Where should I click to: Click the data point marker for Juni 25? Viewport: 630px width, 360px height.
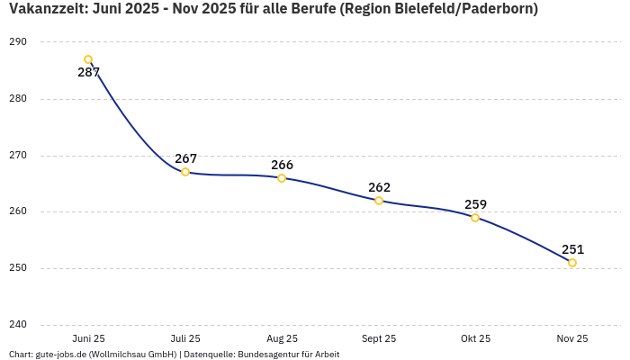pyautogui.click(x=88, y=60)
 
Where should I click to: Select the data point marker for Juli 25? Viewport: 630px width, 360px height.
pyautogui.click(x=185, y=172)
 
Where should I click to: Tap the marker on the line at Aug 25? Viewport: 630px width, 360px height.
pyautogui.click(x=282, y=178)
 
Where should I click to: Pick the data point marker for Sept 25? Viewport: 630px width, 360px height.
pyautogui.click(x=379, y=201)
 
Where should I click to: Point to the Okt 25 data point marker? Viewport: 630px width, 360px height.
pyautogui.click(x=475, y=218)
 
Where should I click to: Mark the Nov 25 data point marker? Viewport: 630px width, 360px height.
pyautogui.click(x=572, y=263)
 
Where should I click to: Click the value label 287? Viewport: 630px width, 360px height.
pyautogui.click(x=88, y=73)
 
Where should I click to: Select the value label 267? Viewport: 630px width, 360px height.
pyautogui.click(x=185, y=158)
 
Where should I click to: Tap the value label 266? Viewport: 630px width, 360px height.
pyautogui.click(x=282, y=165)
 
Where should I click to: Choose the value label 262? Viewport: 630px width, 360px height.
pyautogui.click(x=379, y=187)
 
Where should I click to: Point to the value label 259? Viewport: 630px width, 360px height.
pyautogui.click(x=475, y=204)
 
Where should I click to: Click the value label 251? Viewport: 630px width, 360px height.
pyautogui.click(x=572, y=249)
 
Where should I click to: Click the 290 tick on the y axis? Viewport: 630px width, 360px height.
pyautogui.click(x=18, y=42)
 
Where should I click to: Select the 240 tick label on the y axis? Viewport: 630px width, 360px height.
pyautogui.click(x=18, y=325)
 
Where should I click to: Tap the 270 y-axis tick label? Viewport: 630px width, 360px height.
pyautogui.click(x=18, y=156)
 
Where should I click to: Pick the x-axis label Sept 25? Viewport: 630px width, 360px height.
pyautogui.click(x=379, y=338)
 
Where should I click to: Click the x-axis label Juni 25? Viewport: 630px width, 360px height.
pyautogui.click(x=88, y=338)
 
